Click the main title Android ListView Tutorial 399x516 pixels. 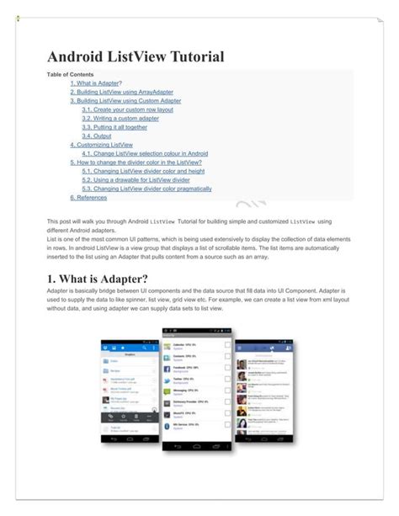coord(135,57)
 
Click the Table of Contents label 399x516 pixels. coord(70,75)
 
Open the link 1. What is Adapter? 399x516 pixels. coord(96,83)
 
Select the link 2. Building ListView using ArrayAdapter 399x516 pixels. coord(119,93)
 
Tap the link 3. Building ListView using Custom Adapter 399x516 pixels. coord(125,101)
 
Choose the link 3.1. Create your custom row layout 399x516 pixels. coord(127,110)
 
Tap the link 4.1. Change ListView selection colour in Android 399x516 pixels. coord(145,154)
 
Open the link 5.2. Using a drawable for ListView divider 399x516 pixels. coord(136,180)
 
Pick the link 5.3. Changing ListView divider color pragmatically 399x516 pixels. coord(146,189)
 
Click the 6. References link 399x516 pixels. coord(88,198)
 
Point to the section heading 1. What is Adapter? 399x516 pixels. coord(98,279)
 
